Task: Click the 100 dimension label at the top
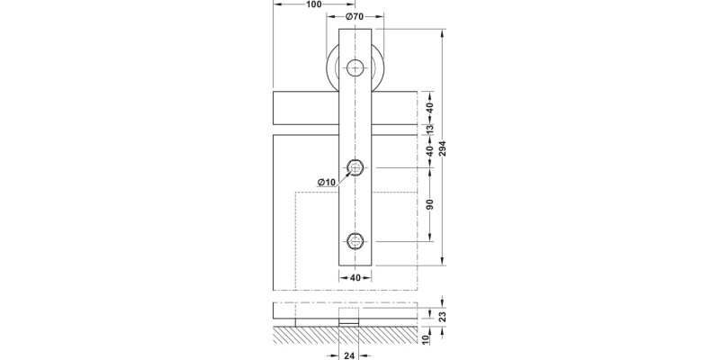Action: tap(314, 5)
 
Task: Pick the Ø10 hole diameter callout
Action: tap(326, 183)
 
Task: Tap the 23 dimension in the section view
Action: tap(442, 315)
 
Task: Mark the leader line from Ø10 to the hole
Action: tap(341, 175)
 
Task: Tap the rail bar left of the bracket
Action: tap(304, 108)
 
